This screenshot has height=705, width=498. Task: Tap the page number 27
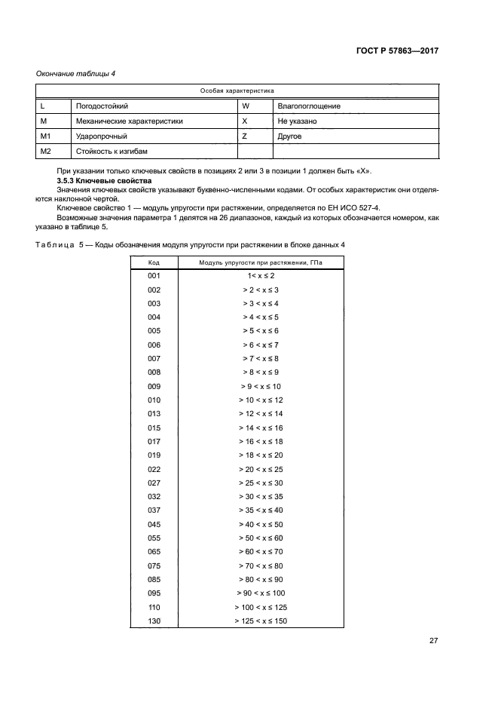pyautogui.click(x=433, y=641)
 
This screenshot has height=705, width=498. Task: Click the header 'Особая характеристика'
pyautogui.click(x=237, y=90)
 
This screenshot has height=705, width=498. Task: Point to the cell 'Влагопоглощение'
pyautogui.click(x=309, y=106)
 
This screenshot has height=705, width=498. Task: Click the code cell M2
pyautogui.click(x=45, y=152)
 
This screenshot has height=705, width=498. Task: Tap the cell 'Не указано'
pyautogui.click(x=297, y=121)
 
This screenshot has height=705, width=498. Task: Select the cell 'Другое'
pyautogui.click(x=289, y=136)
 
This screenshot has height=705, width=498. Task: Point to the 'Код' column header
pyautogui.click(x=154, y=262)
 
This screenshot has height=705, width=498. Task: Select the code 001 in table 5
pyautogui.click(x=154, y=276)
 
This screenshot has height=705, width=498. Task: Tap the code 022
pyautogui.click(x=154, y=469)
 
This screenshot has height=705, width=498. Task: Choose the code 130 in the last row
pyautogui.click(x=154, y=621)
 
